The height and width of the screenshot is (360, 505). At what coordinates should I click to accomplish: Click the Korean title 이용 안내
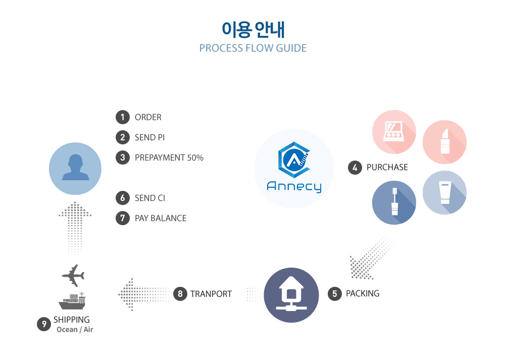click(x=253, y=30)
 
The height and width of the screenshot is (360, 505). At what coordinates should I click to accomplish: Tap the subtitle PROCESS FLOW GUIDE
click(x=253, y=48)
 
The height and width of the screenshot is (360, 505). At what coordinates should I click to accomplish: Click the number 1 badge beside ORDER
click(x=123, y=117)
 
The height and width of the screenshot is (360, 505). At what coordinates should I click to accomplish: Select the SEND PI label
click(x=150, y=137)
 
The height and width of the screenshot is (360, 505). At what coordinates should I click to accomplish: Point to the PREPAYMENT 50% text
click(x=169, y=158)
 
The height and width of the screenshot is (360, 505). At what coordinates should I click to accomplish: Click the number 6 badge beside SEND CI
click(x=123, y=198)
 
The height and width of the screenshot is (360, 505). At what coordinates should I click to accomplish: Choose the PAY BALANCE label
click(x=161, y=218)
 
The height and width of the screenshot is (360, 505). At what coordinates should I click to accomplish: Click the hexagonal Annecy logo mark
click(x=294, y=160)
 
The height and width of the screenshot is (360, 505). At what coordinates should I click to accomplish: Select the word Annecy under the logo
click(x=294, y=186)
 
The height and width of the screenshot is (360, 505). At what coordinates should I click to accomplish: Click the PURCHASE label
click(x=387, y=168)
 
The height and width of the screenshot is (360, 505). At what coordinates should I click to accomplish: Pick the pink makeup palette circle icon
click(x=394, y=132)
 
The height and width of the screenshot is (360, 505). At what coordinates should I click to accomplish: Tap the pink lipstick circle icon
click(x=444, y=142)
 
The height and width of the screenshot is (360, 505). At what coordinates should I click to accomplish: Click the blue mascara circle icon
click(x=394, y=202)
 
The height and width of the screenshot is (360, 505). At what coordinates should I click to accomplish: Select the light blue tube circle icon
click(x=444, y=192)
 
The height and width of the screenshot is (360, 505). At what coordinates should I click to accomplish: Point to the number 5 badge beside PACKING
click(x=335, y=294)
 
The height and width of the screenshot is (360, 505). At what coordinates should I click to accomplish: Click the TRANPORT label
click(x=211, y=294)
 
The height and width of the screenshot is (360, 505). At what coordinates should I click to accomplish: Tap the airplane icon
click(x=73, y=276)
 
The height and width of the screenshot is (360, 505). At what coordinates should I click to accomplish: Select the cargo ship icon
click(x=72, y=301)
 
